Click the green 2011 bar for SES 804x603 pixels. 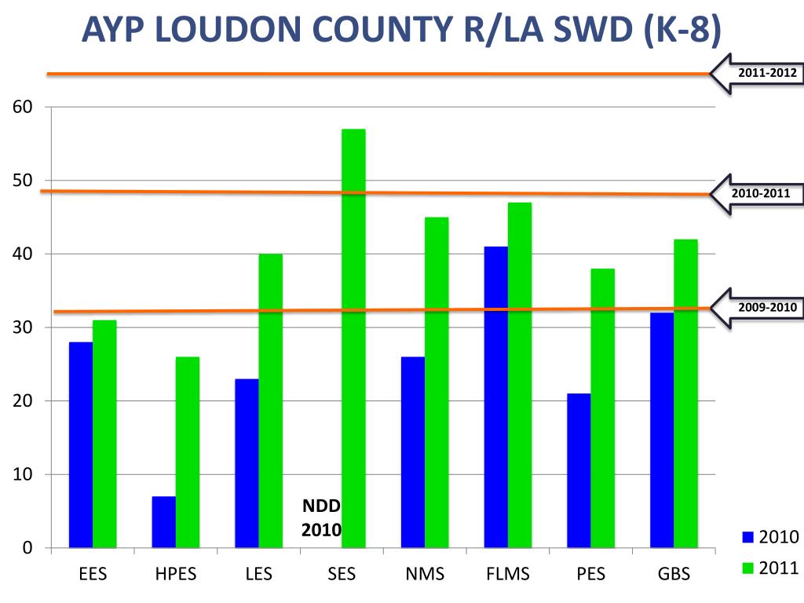[353, 338]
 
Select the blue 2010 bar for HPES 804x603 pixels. [163, 522]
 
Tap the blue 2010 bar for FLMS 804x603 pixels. [495, 397]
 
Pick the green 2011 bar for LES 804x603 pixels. [270, 400]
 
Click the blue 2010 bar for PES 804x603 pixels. [579, 470]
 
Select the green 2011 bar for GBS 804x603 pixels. [685, 393]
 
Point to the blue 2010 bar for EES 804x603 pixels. [80, 444]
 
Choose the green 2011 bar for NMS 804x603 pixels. [437, 382]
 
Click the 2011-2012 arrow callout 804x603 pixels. [755, 74]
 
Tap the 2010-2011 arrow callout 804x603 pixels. [755, 193]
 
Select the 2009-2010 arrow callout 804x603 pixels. [755, 308]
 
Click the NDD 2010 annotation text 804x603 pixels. [321, 518]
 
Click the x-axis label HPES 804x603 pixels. [176, 574]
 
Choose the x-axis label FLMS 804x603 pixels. [508, 574]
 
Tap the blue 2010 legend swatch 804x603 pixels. [747, 537]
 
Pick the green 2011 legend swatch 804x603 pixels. [747, 568]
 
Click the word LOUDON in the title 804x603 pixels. [243, 31]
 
